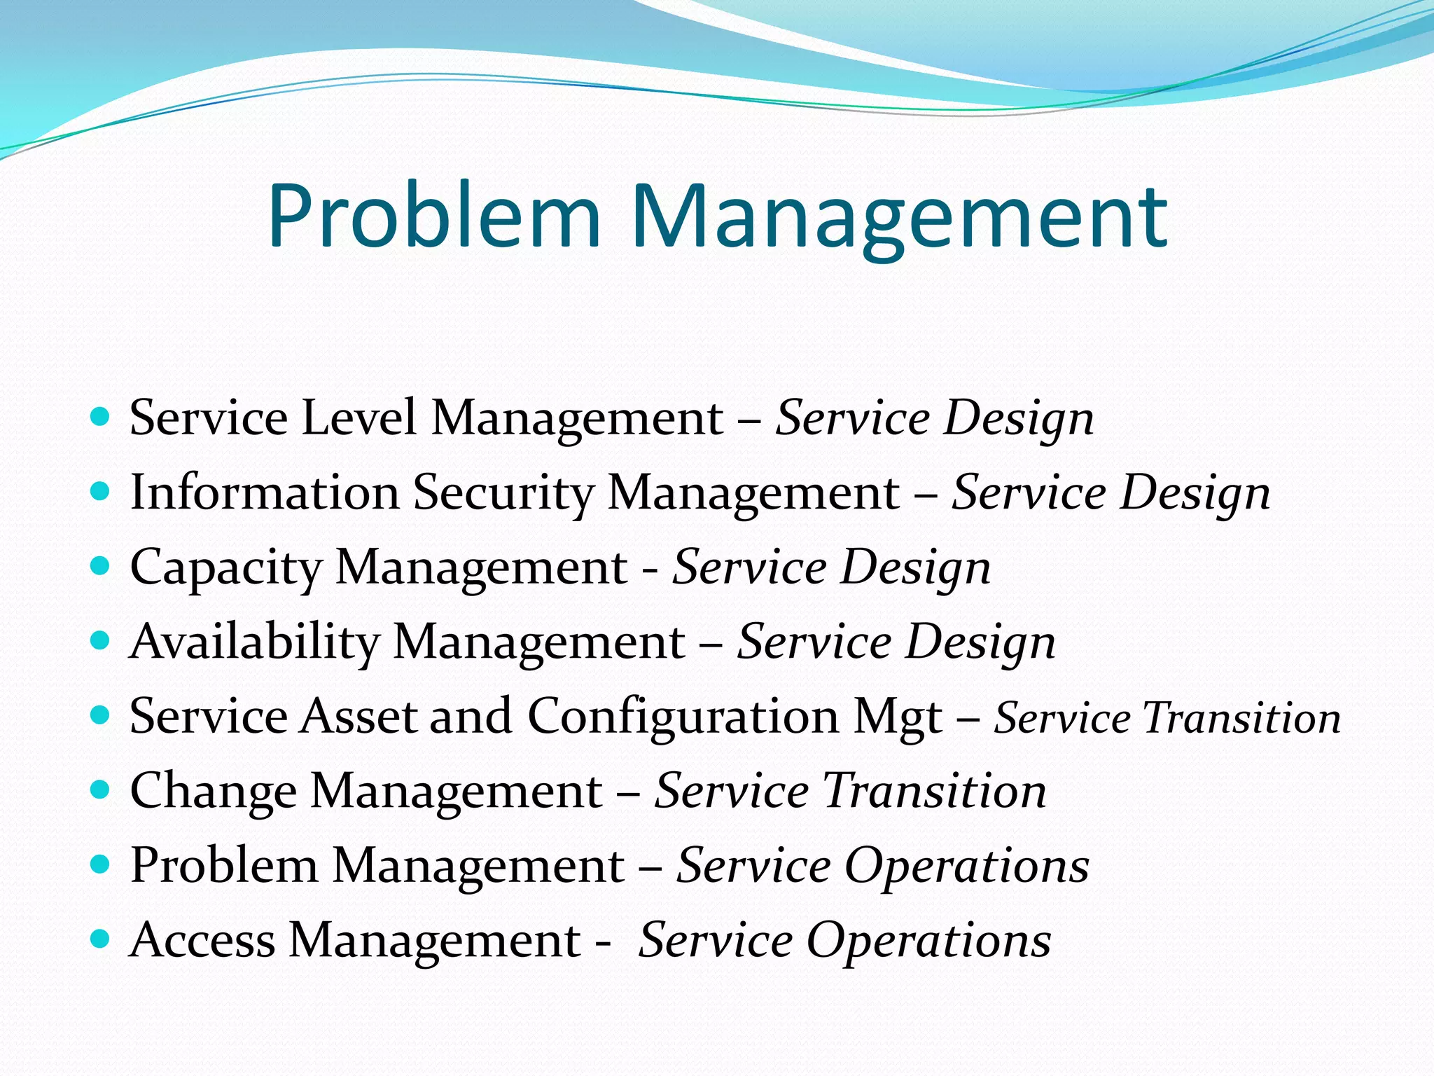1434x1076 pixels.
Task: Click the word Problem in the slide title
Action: pos(433,216)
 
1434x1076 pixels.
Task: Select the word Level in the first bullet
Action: pos(358,418)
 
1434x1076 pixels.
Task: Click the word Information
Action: pos(265,492)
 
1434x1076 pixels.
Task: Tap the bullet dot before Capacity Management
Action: pos(101,567)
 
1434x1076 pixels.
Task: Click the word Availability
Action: pos(254,642)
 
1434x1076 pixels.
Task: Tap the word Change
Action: pos(213,792)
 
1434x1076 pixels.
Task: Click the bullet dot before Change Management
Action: pos(101,791)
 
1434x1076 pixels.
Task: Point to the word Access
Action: pos(202,940)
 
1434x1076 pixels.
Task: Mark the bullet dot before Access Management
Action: pos(101,939)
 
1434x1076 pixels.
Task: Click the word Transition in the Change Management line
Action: pos(934,792)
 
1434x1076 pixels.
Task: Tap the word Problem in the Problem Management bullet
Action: pos(224,866)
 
